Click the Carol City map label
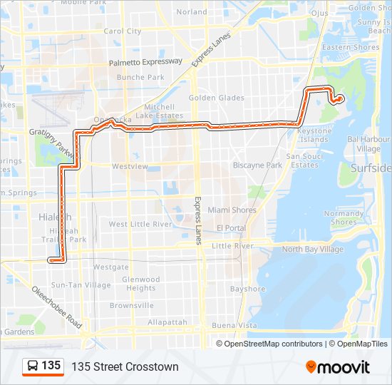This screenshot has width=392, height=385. point(123,31)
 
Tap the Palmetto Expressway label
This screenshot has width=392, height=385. point(145,63)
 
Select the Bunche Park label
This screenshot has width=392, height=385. point(140,77)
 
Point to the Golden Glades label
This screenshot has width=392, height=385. point(217,98)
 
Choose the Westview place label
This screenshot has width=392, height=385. point(130,166)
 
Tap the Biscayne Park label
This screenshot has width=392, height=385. point(258,165)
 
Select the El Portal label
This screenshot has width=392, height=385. point(232,228)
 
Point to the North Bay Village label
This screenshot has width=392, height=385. point(312,250)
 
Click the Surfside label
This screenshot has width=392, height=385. point(371,168)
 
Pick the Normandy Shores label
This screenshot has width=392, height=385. point(344,217)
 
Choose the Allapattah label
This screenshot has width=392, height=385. point(167,322)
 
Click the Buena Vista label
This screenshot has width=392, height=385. point(234,325)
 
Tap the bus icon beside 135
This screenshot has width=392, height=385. point(32,366)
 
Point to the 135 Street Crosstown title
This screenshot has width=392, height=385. point(125,366)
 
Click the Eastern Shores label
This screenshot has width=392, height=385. point(351,48)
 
